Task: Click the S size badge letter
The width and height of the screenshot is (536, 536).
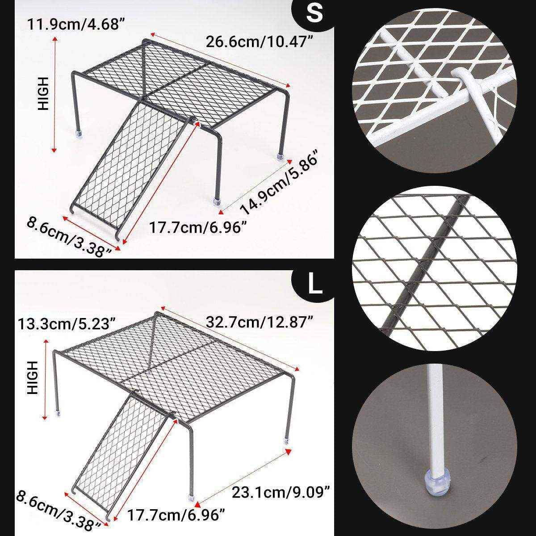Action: point(314,14)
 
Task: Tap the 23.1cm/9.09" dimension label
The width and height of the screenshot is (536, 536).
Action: point(281,493)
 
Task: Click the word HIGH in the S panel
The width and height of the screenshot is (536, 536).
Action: point(43,93)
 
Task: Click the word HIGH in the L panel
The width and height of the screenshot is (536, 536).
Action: point(33,377)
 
